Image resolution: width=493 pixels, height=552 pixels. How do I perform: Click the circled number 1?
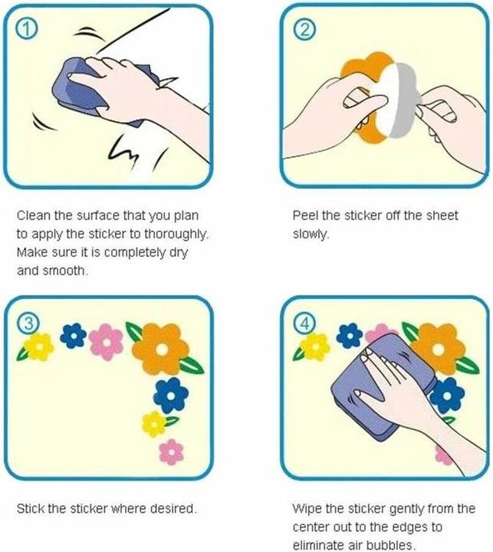26,31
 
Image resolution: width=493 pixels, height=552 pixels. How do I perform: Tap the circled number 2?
304,30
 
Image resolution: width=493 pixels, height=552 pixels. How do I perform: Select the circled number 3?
28,324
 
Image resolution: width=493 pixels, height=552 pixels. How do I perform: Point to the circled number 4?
304,324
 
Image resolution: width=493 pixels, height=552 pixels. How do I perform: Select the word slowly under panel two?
310,234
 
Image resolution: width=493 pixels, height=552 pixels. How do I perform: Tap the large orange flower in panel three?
161,349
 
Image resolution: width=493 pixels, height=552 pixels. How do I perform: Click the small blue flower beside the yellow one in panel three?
74,336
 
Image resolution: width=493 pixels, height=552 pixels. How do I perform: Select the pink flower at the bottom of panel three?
172,452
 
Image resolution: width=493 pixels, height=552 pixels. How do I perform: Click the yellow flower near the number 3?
38,347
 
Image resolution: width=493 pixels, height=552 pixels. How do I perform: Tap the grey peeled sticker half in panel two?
405,100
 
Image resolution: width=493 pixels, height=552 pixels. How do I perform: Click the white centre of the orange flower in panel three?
162,350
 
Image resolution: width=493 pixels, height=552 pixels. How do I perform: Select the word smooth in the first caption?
64,271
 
